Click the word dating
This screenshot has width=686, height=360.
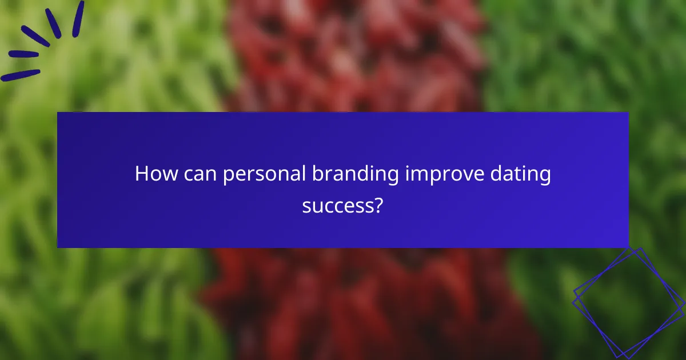(523, 175)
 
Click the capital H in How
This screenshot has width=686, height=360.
(141, 174)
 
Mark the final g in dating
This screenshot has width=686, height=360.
(546, 177)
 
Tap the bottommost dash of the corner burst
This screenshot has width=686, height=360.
(20, 75)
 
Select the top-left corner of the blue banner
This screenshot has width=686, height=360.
(58, 113)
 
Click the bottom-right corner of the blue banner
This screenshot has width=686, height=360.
(628, 247)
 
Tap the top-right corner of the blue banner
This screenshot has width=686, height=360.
(628, 113)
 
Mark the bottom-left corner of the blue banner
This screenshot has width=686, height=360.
(58, 247)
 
